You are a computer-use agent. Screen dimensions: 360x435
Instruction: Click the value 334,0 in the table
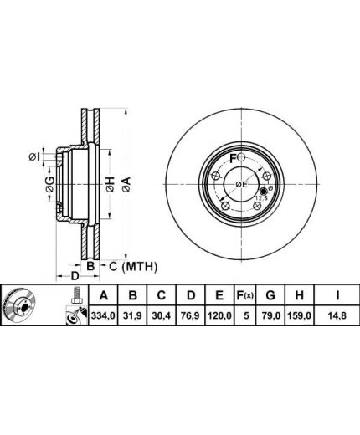tap(103, 315)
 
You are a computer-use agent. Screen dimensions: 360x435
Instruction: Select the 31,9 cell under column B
tap(132, 315)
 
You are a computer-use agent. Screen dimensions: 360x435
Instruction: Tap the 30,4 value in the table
tap(162, 315)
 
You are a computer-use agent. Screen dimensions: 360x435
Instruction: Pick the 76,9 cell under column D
tap(190, 315)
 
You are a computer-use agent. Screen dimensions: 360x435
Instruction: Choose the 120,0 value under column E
tap(219, 315)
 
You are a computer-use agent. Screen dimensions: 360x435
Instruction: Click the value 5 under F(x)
tap(246, 315)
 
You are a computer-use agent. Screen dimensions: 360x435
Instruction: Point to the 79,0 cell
tap(270, 315)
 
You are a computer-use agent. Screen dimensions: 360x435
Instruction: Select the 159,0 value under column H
tap(300, 315)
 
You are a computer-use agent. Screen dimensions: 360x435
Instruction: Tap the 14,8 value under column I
tap(337, 315)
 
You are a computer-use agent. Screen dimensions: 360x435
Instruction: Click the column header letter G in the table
tap(270, 295)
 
